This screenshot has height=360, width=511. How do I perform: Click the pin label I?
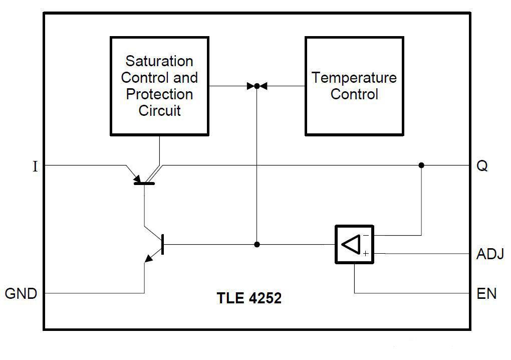click(35, 166)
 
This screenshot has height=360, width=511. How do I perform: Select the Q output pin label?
click(481, 166)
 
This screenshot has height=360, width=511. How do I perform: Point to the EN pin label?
click(486, 293)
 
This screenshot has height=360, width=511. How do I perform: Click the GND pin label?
click(21, 293)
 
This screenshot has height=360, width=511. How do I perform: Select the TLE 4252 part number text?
click(249, 298)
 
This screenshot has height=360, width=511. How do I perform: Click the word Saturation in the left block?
click(159, 61)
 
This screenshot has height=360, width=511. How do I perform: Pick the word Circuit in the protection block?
click(159, 111)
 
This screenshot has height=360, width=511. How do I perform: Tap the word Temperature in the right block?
click(354, 78)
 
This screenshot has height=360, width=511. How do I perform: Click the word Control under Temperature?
click(354, 94)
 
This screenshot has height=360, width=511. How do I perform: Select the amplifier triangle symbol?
click(352, 244)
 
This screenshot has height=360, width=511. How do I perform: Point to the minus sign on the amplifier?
click(366, 235)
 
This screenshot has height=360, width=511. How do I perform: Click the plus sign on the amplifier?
click(366, 254)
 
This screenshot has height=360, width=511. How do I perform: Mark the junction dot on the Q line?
click(421, 165)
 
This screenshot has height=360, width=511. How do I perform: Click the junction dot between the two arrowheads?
click(257, 86)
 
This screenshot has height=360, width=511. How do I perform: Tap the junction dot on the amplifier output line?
click(257, 245)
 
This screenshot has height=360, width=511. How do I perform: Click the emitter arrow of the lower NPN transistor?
click(149, 258)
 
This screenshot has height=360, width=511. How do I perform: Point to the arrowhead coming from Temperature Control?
click(264, 86)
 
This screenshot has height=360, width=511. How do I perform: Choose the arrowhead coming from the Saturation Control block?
click(250, 86)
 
